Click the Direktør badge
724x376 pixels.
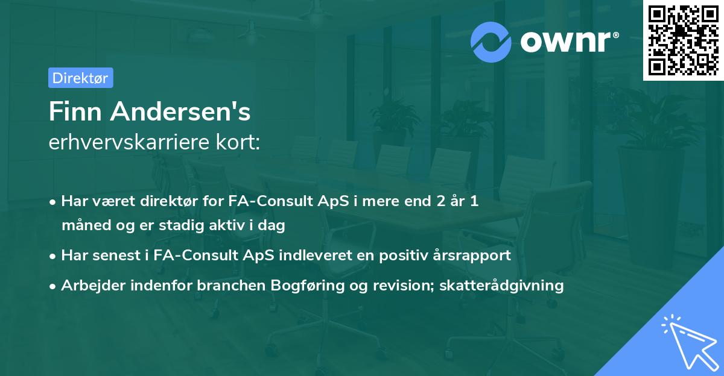pos(80,78)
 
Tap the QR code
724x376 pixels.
pos(683,40)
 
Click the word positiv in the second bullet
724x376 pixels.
pos(404,255)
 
